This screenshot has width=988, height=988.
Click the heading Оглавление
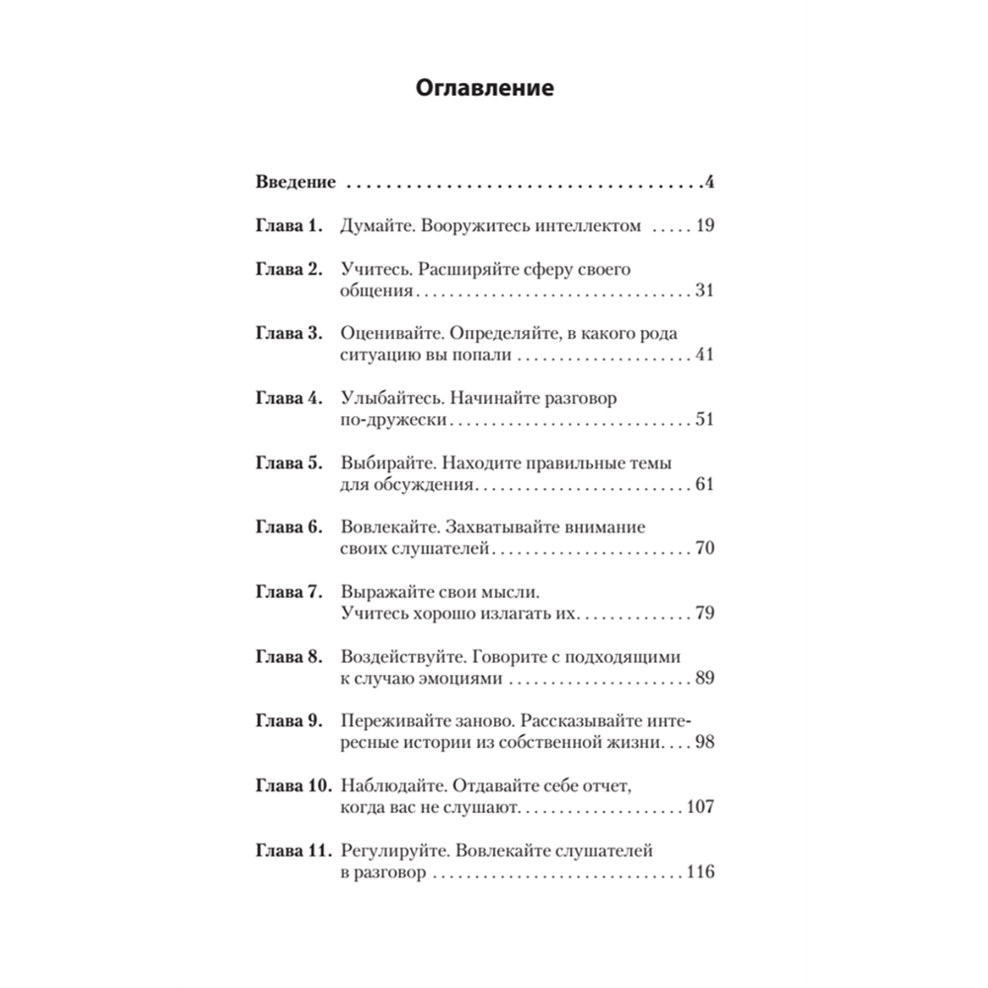483,89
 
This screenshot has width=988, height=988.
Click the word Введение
296,183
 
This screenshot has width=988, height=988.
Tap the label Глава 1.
289,226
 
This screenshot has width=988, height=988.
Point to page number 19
703,226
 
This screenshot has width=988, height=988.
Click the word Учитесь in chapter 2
370,269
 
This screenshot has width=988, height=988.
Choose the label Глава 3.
289,333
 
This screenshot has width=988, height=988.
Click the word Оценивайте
387,333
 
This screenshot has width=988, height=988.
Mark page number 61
703,485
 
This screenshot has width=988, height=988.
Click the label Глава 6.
289,528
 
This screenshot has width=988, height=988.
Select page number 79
703,615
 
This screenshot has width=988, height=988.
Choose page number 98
703,744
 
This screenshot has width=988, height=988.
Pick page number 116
699,873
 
